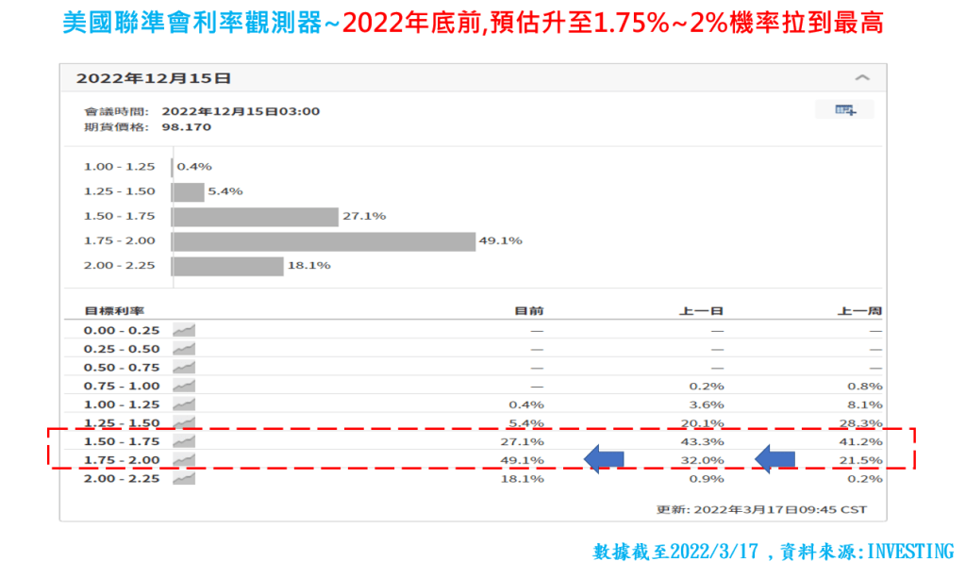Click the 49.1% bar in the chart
[x=324, y=241]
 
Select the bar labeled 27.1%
[x=255, y=217]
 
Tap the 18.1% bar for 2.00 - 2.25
[x=227, y=266]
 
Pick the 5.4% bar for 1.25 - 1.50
[x=188, y=191]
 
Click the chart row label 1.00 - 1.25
[x=119, y=167]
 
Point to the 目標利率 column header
[x=113, y=311]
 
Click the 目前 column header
[x=529, y=311]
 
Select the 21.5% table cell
[x=866, y=460]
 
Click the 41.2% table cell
[x=866, y=441]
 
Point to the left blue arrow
[x=604, y=459]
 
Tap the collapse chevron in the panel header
[x=861, y=78]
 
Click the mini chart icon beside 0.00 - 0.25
[x=184, y=330]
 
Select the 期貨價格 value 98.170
[x=186, y=126]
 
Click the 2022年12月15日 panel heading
[x=153, y=78]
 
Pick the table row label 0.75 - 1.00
[x=122, y=386]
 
